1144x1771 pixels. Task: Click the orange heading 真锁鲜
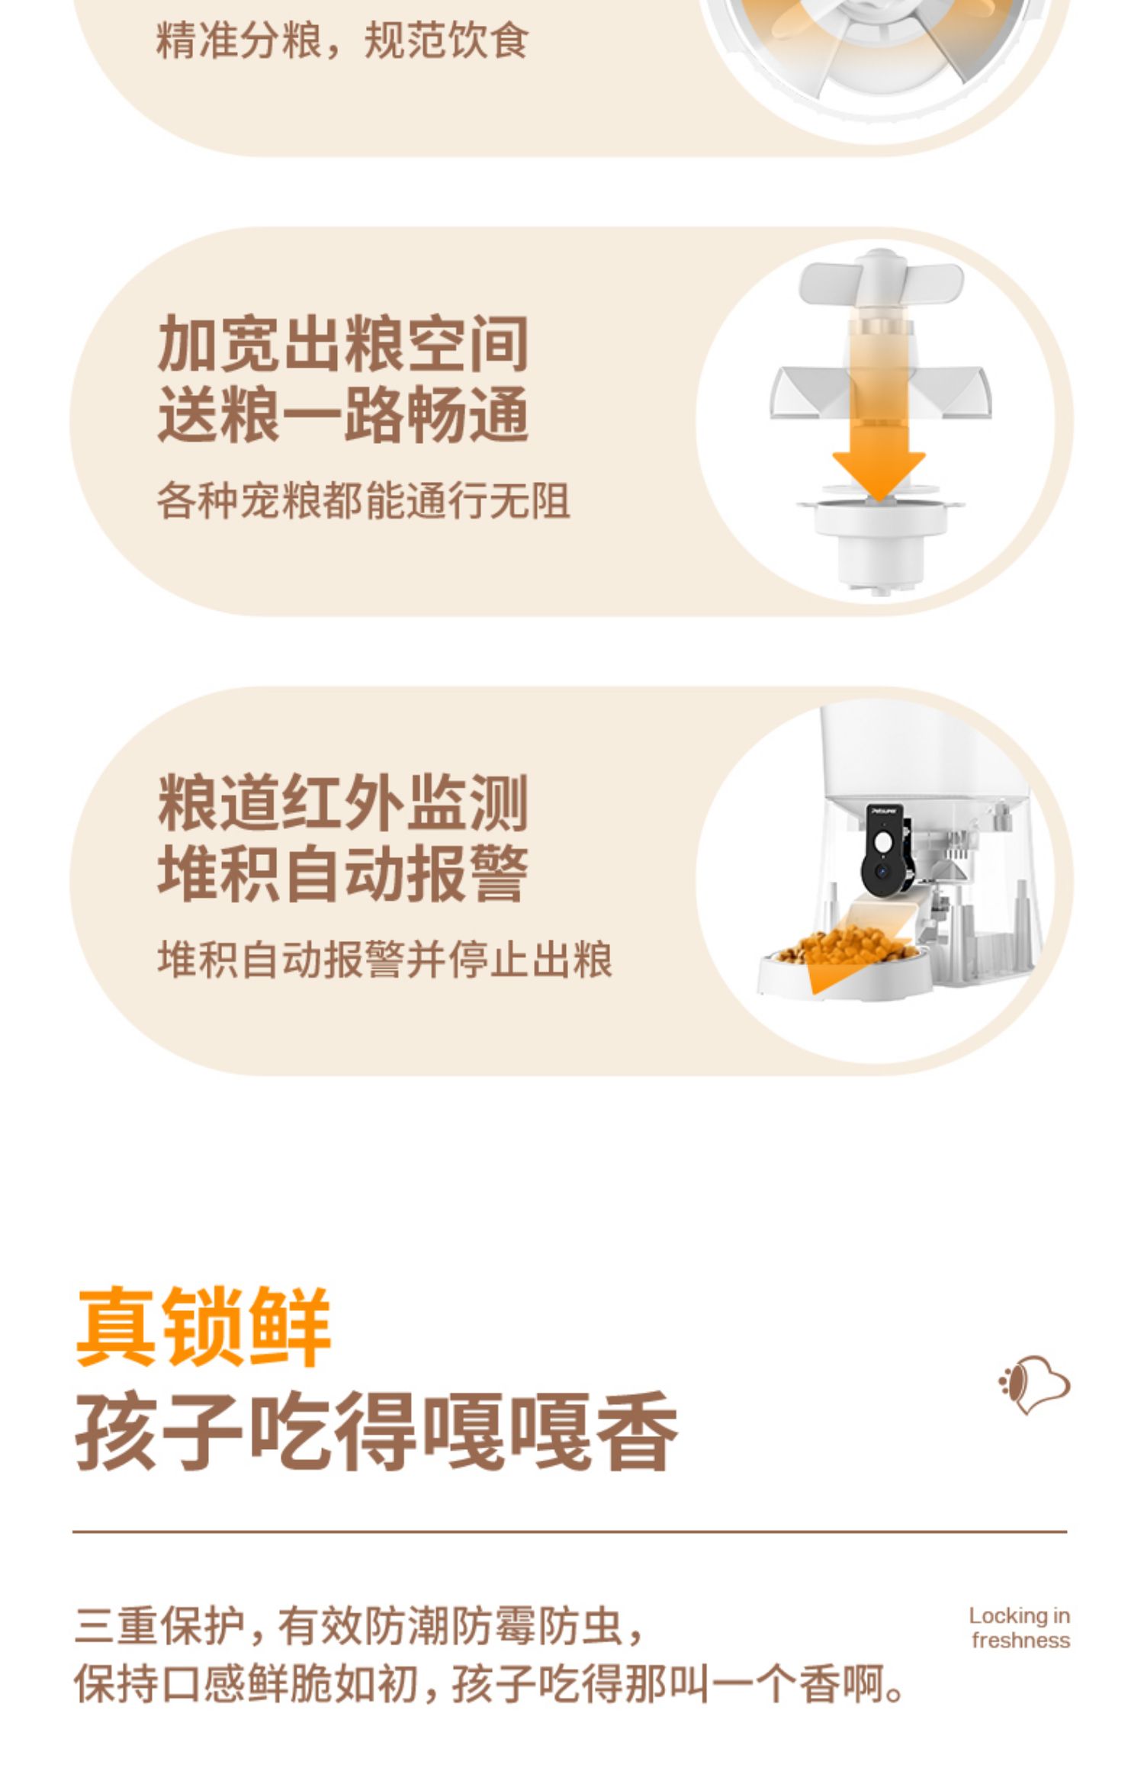point(204,1326)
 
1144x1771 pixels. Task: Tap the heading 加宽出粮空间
point(343,344)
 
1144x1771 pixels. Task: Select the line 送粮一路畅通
point(343,414)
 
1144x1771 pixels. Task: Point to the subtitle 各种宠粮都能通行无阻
point(363,501)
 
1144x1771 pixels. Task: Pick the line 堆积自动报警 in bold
point(343,873)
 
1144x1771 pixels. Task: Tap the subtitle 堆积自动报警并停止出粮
point(384,959)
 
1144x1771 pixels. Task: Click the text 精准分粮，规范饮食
point(342,40)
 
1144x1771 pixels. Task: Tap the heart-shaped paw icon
point(1034,1385)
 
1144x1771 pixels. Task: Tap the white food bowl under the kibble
point(843,972)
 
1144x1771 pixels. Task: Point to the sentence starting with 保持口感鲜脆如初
point(489,1684)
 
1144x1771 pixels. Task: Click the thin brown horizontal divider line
point(570,1531)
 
